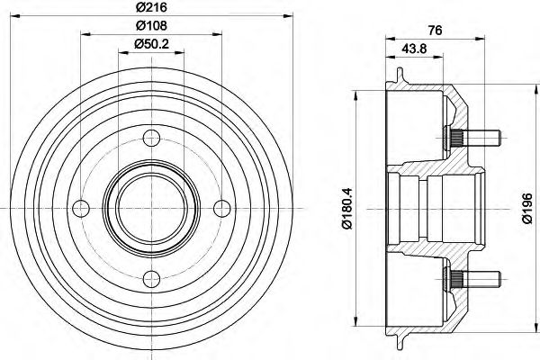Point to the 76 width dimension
point(435,30)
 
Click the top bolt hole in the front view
point(150,139)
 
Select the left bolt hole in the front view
point(81,208)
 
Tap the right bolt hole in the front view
point(220,208)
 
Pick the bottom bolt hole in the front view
point(150,277)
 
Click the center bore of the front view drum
point(150,208)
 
